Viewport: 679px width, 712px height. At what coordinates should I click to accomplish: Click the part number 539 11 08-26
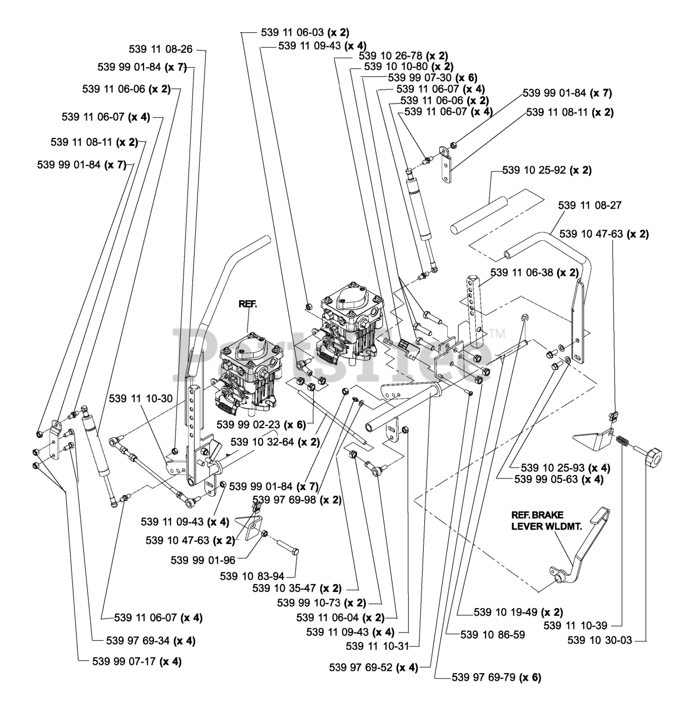[x=160, y=49]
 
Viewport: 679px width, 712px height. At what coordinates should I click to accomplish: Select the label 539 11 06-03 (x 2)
[x=305, y=33]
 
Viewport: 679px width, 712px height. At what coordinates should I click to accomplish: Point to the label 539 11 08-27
[x=589, y=205]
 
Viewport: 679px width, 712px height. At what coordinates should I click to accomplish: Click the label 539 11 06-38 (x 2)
[x=534, y=273]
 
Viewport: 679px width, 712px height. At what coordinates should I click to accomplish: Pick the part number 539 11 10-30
[x=141, y=398]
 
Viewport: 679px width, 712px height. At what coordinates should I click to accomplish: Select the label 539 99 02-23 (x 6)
[x=261, y=424]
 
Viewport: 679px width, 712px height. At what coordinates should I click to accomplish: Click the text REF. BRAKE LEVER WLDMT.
[x=547, y=521]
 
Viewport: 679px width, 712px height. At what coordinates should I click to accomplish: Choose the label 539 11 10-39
[x=576, y=625]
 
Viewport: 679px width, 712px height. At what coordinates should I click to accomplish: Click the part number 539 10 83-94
[x=252, y=576]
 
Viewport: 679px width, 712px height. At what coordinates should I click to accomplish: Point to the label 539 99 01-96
[x=203, y=560]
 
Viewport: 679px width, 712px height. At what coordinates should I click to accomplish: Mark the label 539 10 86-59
[x=493, y=635]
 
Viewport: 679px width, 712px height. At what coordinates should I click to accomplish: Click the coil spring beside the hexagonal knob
[x=623, y=442]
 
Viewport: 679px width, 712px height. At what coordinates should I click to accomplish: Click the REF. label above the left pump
[x=247, y=304]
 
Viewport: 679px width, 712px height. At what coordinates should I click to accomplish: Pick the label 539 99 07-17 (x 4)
[x=137, y=661]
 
